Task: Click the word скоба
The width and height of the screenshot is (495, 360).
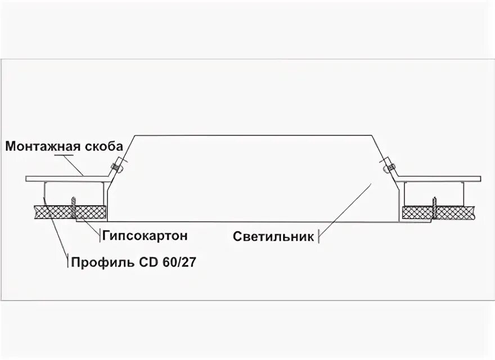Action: tap(102, 147)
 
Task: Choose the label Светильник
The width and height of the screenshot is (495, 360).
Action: tap(273, 236)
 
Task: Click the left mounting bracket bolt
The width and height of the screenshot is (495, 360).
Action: tap(116, 167)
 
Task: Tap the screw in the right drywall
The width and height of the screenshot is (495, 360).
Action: tap(434, 206)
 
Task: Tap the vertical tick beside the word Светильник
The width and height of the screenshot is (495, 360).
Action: tap(319, 236)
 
